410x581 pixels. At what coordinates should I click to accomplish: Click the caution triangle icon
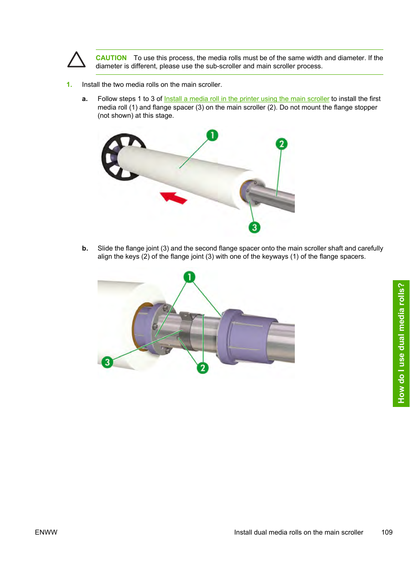point(76,60)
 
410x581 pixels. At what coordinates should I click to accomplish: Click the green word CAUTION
point(111,58)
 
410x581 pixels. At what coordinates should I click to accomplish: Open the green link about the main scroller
point(246,99)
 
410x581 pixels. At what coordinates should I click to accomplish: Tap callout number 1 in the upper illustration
point(212,135)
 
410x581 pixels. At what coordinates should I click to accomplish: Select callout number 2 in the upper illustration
point(281,144)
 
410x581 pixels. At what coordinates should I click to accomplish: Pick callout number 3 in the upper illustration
point(254,227)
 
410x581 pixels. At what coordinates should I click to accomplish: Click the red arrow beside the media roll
point(173,198)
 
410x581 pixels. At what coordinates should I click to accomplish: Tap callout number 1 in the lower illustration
point(189,277)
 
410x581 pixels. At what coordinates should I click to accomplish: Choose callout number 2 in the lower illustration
point(202,368)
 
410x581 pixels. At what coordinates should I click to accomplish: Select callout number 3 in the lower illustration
point(107,362)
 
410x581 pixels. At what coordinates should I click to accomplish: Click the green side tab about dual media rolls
point(401,343)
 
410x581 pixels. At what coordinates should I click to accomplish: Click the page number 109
point(387,532)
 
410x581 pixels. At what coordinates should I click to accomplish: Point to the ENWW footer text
point(46,532)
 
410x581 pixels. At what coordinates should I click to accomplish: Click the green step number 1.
point(69,85)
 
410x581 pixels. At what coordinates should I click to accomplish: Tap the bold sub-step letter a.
point(85,99)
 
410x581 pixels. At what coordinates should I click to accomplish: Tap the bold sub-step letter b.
point(85,248)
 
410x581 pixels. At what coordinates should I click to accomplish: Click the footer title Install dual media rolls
point(299,532)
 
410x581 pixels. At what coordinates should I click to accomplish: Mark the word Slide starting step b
point(105,248)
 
